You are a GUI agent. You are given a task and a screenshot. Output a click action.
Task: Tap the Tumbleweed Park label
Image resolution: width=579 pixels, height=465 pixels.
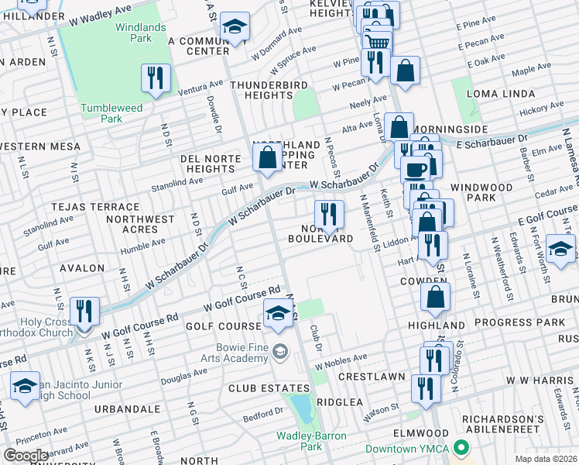[x=112, y=114]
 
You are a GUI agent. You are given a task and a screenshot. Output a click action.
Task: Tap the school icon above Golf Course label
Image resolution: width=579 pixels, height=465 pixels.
[x=277, y=313]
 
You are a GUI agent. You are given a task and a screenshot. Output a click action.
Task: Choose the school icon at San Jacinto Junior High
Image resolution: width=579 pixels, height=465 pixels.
[x=25, y=386]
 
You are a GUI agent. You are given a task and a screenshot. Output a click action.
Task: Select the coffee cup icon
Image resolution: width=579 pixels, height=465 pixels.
[x=416, y=169]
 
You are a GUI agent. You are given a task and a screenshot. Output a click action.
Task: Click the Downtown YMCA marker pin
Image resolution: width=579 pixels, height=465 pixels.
[x=461, y=447]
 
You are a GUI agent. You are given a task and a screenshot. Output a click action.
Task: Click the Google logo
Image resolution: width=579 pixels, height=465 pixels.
[x=25, y=455]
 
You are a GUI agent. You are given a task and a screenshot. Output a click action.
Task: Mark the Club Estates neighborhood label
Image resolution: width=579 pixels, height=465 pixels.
[x=258, y=387]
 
